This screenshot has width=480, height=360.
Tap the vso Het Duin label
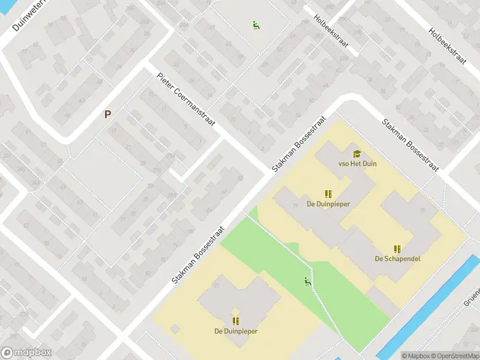click(x=358, y=163)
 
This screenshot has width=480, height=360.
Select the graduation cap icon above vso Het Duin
click(x=358, y=154)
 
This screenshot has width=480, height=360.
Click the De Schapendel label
click(x=397, y=259)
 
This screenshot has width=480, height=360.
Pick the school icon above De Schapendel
click(x=397, y=248)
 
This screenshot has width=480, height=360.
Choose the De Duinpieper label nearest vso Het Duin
click(x=328, y=203)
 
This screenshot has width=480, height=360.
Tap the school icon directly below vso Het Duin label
click(x=328, y=194)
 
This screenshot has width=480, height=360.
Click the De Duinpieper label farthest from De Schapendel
click(x=236, y=331)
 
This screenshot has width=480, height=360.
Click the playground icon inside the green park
click(x=308, y=281)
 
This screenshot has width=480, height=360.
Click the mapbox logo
click(x=26, y=353)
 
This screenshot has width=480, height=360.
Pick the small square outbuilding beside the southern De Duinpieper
click(x=175, y=329)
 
